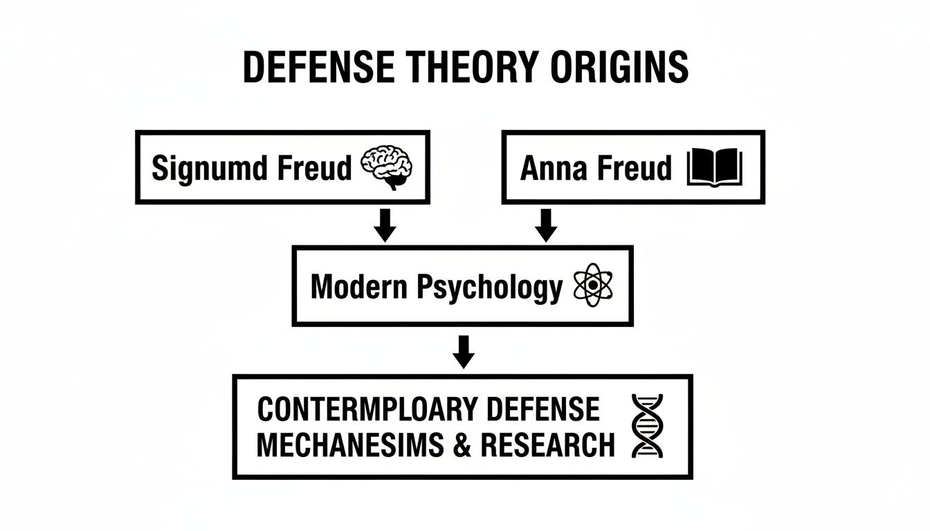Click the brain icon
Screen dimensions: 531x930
coord(388,168)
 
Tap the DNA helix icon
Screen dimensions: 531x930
coord(647,426)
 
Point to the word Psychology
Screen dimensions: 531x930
coord(490,287)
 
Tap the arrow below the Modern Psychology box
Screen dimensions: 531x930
coord(464,351)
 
